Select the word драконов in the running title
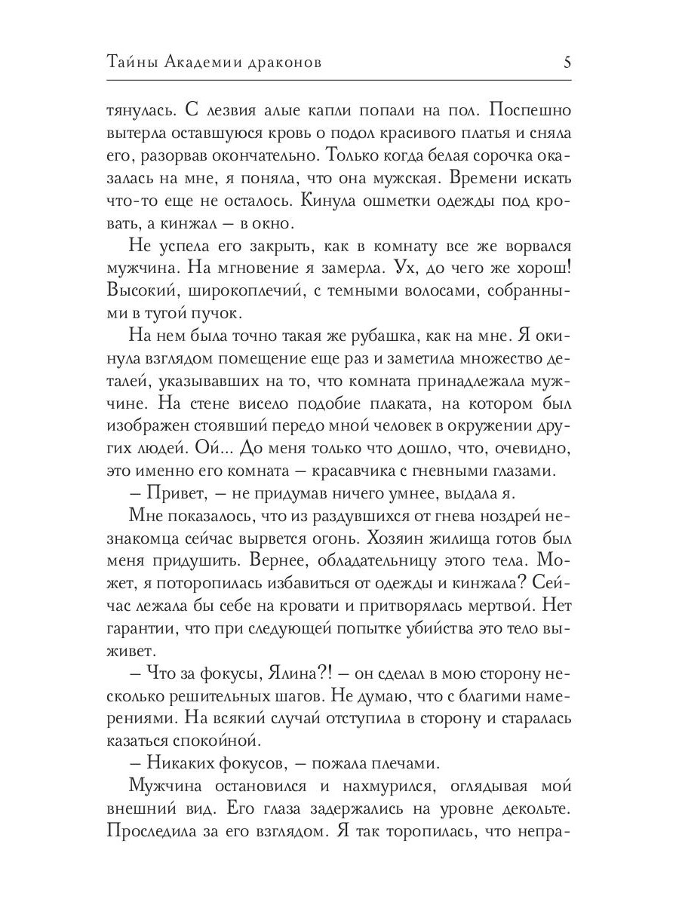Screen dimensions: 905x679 [282, 63]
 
